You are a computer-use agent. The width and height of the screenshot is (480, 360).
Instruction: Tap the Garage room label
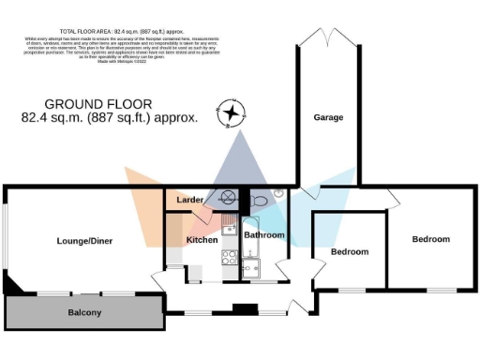[x=328, y=117]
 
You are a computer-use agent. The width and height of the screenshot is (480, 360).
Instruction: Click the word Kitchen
[x=202, y=240]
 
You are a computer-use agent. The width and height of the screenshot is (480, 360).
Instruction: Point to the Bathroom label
[x=264, y=235]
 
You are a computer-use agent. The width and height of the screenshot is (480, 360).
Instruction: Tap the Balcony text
[x=84, y=312]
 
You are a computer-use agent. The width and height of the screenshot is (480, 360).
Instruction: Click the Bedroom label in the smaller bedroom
[x=350, y=251]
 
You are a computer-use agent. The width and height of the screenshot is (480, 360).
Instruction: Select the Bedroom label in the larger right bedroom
[x=431, y=239]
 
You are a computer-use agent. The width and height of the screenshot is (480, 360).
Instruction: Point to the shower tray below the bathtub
[x=249, y=270]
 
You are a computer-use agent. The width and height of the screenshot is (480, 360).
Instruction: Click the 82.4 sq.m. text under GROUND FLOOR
[x=109, y=118]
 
